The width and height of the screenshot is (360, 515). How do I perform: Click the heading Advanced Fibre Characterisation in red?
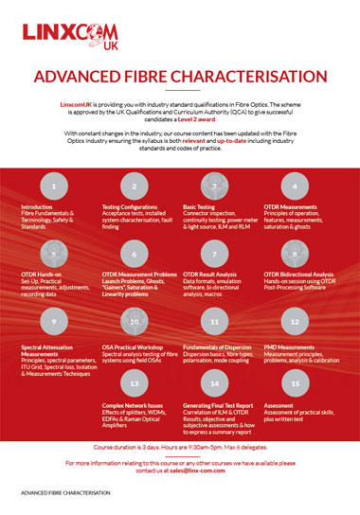point(180,76)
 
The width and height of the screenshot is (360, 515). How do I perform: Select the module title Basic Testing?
point(199,205)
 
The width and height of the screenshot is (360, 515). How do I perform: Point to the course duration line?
point(180,444)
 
